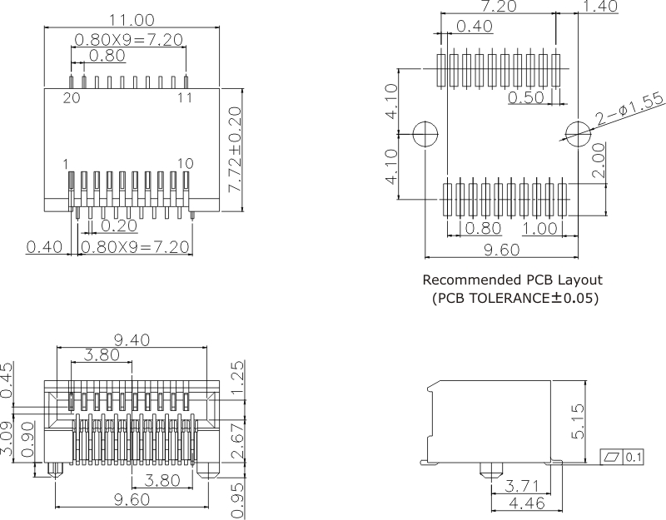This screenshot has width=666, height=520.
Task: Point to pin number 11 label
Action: (x=184, y=97)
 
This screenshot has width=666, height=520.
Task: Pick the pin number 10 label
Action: (x=185, y=164)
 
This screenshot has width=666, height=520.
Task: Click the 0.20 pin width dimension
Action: (x=117, y=225)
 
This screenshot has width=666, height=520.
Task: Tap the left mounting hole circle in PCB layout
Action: (x=425, y=132)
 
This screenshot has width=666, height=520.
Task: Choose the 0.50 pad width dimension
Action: (x=526, y=97)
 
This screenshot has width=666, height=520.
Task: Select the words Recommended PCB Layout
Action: (x=512, y=280)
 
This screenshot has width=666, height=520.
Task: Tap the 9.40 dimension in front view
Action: (x=132, y=339)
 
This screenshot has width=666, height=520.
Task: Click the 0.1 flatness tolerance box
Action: (x=634, y=457)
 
